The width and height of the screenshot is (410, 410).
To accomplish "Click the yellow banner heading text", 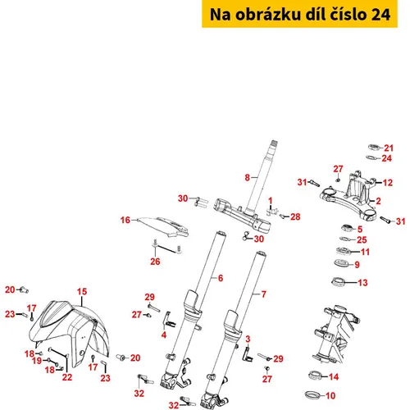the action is coord(300,15).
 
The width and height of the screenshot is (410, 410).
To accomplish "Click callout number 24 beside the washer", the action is coord(386,158).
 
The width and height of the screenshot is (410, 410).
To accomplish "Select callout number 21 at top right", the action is coord(389,148).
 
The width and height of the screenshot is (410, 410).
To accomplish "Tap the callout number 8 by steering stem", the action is coord(247,178).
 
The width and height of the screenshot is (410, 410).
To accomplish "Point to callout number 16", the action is coord(125,220).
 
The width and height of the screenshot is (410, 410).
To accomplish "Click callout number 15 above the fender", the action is coord(82,292).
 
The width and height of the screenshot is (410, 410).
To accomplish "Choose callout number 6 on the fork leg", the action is coord(221,278).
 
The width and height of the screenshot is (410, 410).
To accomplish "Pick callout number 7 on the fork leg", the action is coord(263,294).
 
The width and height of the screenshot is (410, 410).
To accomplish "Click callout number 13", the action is coord(362,283).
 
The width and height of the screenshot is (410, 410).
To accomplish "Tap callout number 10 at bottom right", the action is coord(330,395).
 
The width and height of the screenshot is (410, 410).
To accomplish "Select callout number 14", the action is coord(334,377).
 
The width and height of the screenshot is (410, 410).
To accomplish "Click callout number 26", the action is coord(155,262).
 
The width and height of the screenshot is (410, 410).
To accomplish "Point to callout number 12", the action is coord(388,183).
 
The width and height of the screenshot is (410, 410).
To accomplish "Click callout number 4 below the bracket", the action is coord(164,335).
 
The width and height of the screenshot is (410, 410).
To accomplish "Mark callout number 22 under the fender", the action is coord(67,377).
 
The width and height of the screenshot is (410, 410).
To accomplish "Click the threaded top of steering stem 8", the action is coord(274,143).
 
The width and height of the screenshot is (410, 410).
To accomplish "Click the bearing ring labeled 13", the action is coord(339,281).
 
